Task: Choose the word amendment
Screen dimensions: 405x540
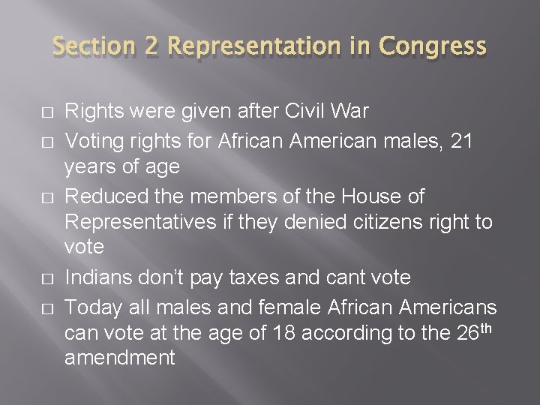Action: pos(120,358)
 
